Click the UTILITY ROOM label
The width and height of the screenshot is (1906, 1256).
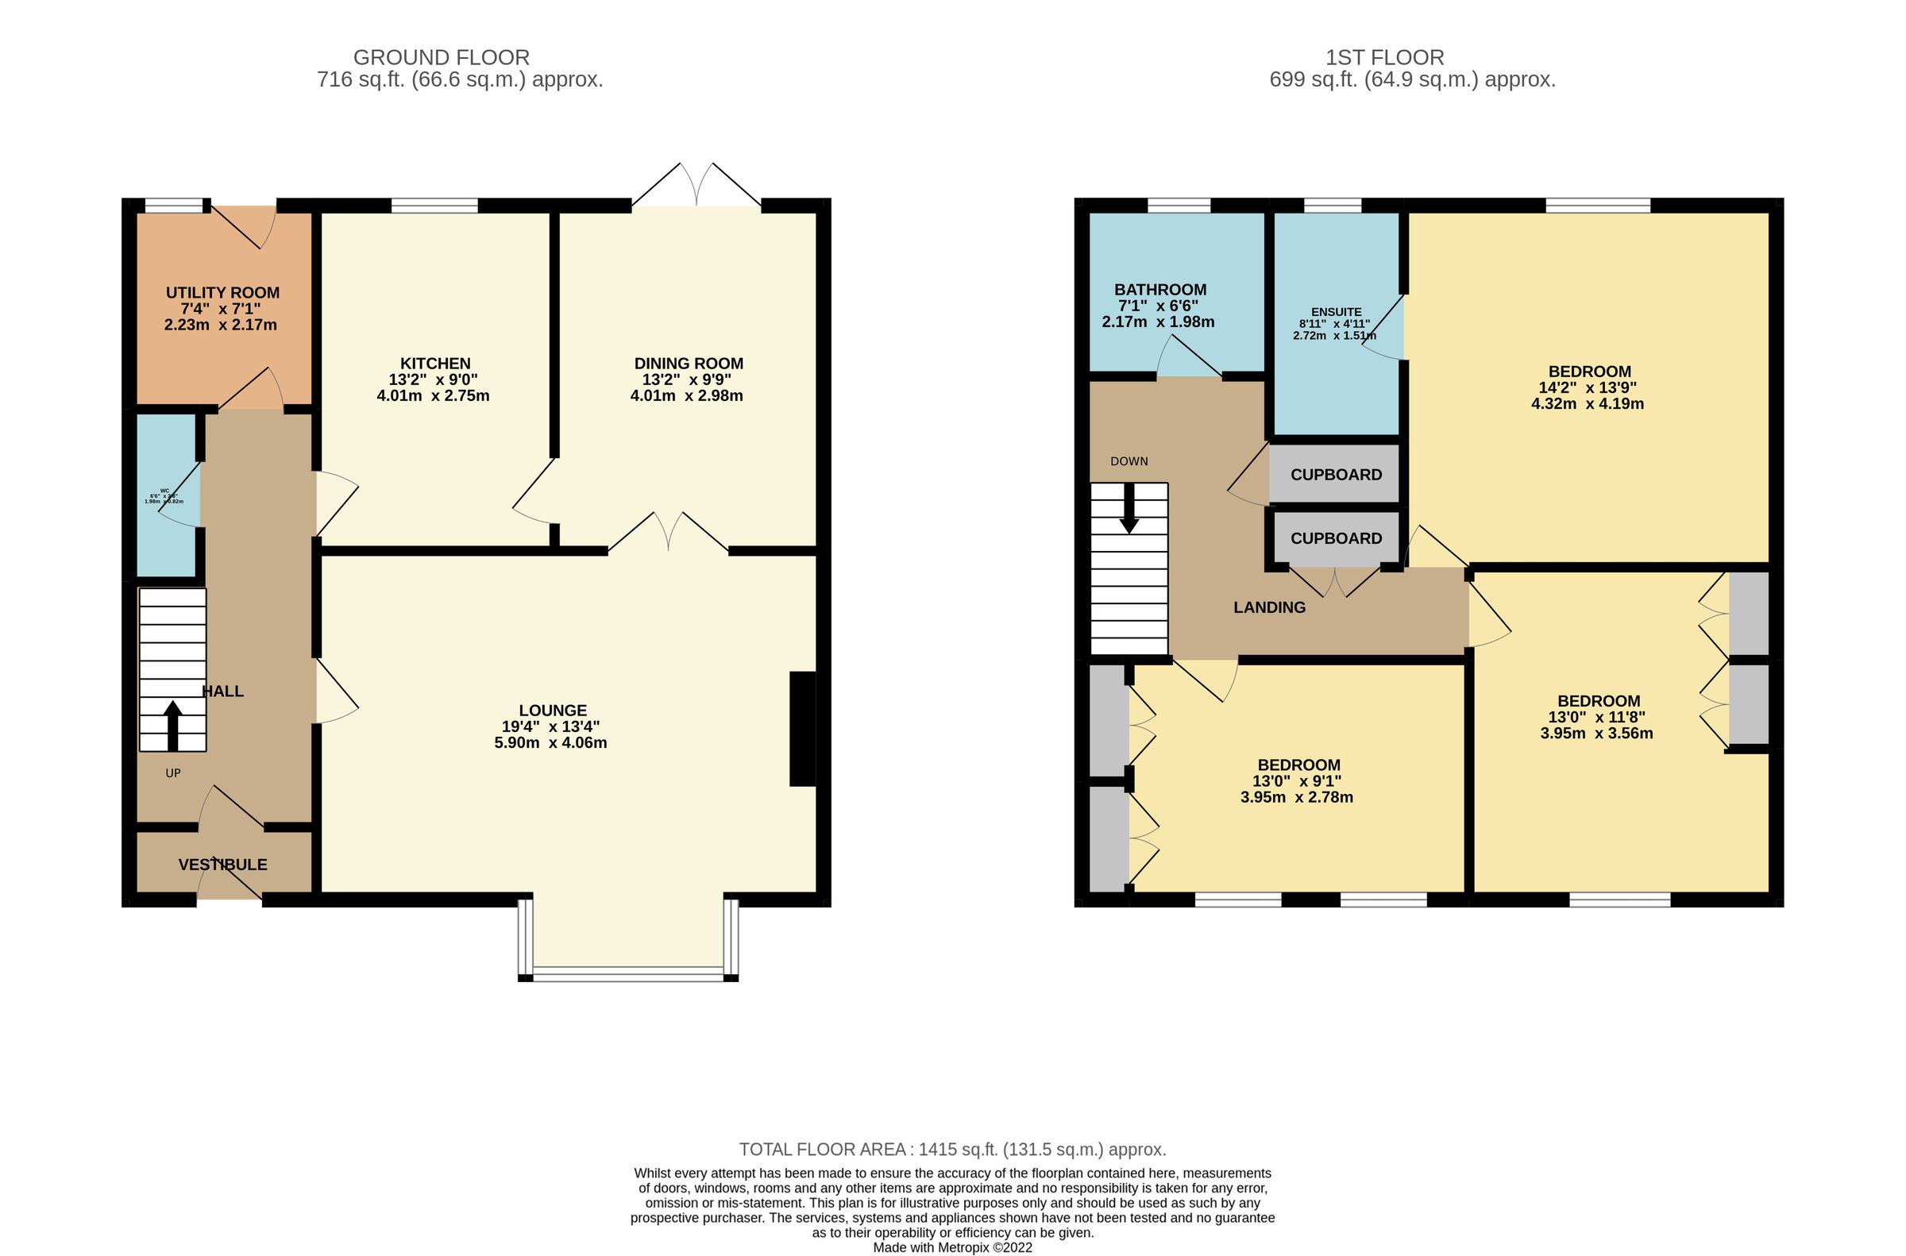(222, 292)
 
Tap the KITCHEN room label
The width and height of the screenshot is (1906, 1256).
(435, 364)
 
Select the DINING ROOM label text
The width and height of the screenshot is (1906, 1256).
(689, 364)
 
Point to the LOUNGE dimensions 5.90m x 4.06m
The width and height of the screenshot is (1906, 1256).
(550, 742)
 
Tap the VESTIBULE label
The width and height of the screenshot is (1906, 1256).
(222, 865)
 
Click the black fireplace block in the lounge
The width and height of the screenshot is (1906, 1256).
(802, 729)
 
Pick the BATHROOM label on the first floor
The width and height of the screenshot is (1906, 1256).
(1160, 289)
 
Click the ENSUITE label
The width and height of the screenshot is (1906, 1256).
(1336, 311)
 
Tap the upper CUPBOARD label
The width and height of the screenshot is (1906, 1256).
(1336, 474)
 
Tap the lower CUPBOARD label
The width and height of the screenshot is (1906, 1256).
(1336, 538)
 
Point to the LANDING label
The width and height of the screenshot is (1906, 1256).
(1269, 607)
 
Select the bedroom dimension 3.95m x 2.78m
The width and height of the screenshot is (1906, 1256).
(1298, 797)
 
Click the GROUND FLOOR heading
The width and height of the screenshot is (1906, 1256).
(441, 58)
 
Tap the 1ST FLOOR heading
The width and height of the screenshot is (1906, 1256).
(1384, 58)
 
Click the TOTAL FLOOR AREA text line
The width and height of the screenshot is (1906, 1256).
(951, 1150)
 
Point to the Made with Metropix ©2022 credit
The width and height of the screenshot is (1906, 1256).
(951, 1247)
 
